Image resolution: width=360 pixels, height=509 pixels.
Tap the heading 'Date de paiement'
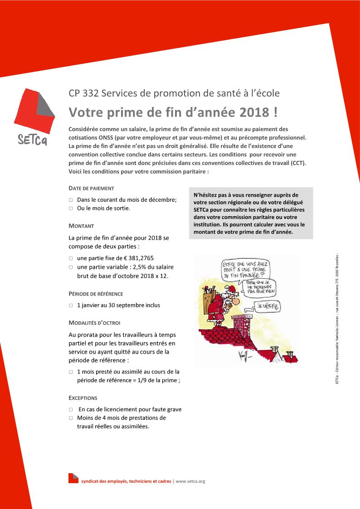tap(91, 188)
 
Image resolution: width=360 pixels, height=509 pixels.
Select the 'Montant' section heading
tap(81, 226)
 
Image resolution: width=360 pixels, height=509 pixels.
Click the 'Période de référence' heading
tap(96, 294)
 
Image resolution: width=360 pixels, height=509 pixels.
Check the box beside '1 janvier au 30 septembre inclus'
tap(71, 305)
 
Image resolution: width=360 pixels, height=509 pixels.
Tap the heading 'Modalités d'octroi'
tap(94, 323)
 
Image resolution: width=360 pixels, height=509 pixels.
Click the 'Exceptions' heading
tap(83, 398)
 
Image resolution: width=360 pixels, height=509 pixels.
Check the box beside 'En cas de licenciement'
tap(71, 410)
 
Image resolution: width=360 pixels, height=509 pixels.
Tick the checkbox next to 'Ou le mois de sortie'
tap(71, 208)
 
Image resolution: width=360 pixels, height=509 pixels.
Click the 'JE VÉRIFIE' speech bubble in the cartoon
tap(269, 307)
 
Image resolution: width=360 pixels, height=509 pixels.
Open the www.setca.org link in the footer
tap(190, 481)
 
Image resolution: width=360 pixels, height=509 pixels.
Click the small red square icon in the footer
tap(73, 478)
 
